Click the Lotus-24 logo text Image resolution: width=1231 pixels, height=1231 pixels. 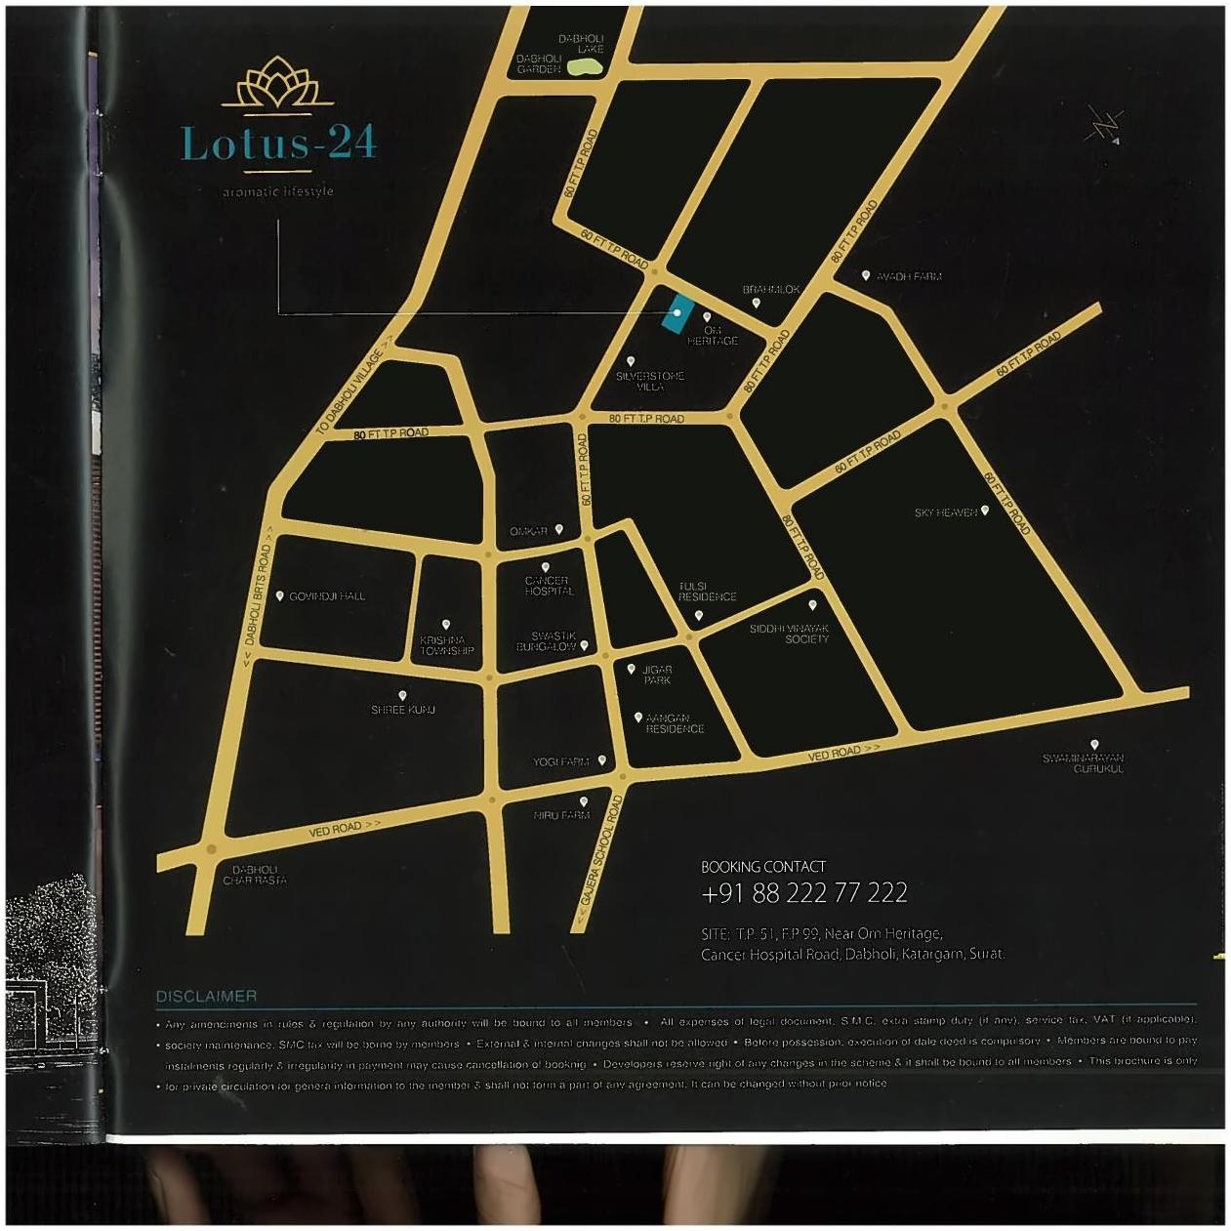[x=278, y=143]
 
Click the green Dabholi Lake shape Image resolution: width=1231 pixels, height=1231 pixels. [x=584, y=66]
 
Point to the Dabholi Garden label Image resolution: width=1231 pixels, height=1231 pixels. [x=539, y=63]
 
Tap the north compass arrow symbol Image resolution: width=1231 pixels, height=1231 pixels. [x=1106, y=126]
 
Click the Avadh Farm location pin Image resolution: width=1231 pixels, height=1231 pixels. [x=865, y=275]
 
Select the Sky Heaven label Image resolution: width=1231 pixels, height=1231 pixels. [x=945, y=513]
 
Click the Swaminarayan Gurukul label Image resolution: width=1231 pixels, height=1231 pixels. [x=1083, y=763]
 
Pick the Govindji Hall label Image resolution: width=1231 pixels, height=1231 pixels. [x=327, y=595]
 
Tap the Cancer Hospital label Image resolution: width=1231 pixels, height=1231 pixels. [x=549, y=586]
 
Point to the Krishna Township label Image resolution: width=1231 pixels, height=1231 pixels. [x=447, y=645]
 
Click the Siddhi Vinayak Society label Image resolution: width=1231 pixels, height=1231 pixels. [x=790, y=634]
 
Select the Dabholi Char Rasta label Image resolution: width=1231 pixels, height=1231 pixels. [x=255, y=875]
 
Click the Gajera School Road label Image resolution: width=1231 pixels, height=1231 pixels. [x=600, y=849]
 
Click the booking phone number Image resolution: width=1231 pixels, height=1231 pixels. [x=804, y=892]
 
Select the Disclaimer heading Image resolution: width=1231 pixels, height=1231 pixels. [x=206, y=996]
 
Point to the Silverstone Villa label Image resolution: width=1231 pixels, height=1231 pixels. [x=650, y=381]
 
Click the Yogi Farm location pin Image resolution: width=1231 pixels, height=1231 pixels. [x=601, y=759]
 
